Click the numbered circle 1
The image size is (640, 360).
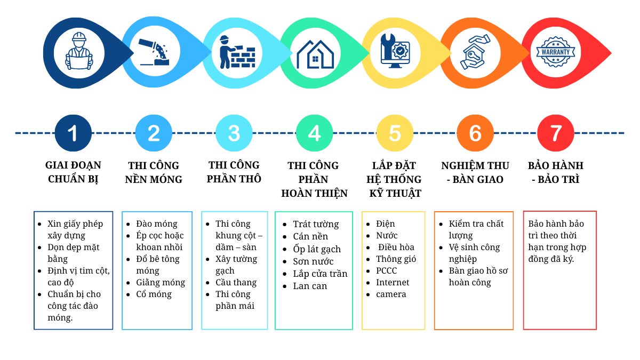pos(73,133)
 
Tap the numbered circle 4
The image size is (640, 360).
pos(314,133)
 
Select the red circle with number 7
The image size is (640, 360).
pos(556,133)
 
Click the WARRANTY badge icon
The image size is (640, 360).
pos(556,52)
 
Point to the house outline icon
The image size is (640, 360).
pos(315,53)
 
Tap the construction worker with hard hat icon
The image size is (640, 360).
pos(79,52)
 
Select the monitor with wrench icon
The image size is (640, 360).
pos(395,52)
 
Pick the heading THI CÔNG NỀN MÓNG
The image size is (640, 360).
pos(154,172)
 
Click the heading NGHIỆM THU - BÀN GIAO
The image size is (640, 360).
pos(475,172)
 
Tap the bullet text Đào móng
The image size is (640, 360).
pos(157,223)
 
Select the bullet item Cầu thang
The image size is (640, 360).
pos(236,282)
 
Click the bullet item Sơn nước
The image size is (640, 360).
pos(313,261)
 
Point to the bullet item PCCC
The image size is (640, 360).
pos(387,270)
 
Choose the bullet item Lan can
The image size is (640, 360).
pos(310,286)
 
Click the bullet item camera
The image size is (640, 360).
pos(391,294)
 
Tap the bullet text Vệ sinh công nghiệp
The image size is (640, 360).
pos(474,253)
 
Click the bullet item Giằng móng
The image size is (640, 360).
pos(161,282)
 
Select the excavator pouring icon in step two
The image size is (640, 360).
pos(154,52)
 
